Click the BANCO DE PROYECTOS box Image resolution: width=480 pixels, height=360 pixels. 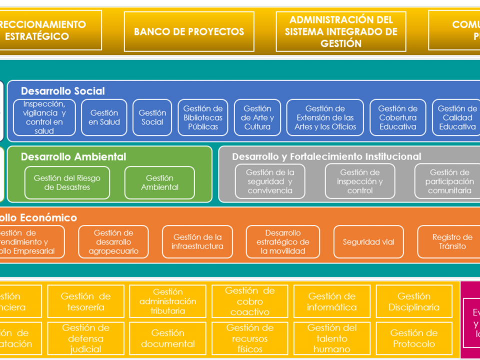click(189, 31)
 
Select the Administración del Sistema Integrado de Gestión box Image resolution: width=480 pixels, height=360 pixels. click(341, 31)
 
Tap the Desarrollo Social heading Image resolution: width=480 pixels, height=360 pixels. click(63, 91)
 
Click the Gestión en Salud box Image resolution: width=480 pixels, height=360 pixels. click(104, 117)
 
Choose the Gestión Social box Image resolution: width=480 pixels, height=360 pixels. click(152, 117)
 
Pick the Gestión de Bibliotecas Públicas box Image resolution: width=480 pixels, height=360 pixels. click(203, 117)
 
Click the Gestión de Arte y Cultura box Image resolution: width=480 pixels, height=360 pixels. click(257, 117)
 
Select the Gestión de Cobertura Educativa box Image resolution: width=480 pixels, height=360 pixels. click(398, 117)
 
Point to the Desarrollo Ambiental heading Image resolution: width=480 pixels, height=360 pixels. click(73, 156)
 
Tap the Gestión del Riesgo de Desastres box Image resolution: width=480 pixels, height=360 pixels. click(67, 182)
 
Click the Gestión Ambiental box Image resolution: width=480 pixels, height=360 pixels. click(159, 182)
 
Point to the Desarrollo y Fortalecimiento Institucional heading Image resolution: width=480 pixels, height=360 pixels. click(326, 156)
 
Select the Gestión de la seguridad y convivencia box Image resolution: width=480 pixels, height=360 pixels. click(270, 181)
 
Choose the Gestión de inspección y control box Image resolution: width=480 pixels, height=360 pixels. click(360, 181)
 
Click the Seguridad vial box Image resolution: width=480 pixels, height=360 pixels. click(368, 242)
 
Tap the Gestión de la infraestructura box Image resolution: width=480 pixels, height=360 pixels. click(197, 242)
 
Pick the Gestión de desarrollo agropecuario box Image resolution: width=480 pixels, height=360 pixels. click(113, 242)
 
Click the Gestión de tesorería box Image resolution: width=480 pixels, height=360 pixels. click(85, 301)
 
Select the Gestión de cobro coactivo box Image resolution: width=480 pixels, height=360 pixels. click(250, 301)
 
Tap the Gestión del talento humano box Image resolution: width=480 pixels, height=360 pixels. click(332, 338)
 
